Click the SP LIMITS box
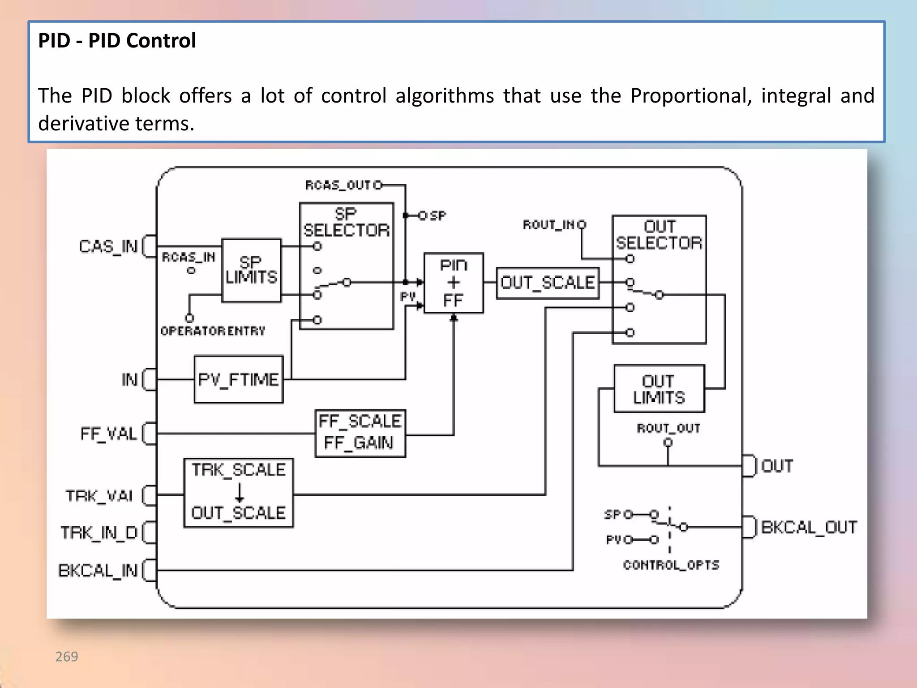tap(252, 271)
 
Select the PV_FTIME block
tap(239, 380)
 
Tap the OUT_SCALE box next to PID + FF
tap(548, 283)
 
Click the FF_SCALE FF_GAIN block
tap(360, 433)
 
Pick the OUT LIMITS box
tap(659, 389)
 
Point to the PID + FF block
tap(454, 283)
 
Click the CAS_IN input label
tap(108, 246)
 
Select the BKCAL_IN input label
tap(98, 571)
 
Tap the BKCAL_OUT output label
tap(809, 527)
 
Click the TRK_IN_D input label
tap(99, 533)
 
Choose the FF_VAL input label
tap(108, 434)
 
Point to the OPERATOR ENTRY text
tap(213, 331)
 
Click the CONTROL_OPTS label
tap(671, 565)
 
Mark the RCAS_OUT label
tap(338, 185)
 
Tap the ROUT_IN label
tap(548, 224)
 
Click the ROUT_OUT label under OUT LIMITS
tap(668, 428)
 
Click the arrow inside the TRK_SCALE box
tap(240, 492)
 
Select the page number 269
tap(67, 657)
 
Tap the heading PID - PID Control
tap(117, 41)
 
